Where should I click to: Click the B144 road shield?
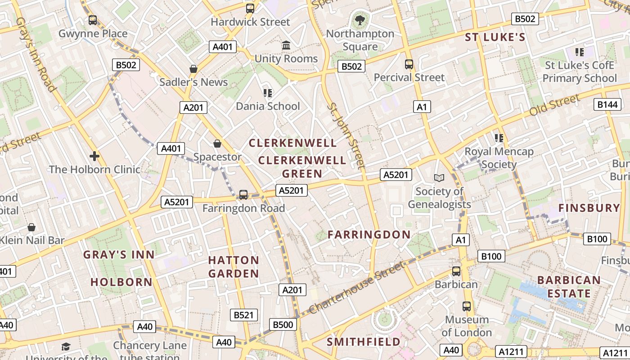coord(607,104)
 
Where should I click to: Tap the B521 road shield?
coord(243,315)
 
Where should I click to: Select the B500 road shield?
coord(283,324)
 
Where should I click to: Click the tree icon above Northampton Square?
coord(360,20)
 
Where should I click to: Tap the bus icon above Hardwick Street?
coord(250,8)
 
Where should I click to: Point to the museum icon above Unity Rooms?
coord(286,45)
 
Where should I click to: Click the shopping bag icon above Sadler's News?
coord(193,69)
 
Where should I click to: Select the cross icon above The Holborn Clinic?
coord(94,156)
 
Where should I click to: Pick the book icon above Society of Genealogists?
coord(439,178)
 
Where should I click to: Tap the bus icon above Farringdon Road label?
coord(243,194)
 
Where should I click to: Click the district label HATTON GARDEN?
coord(234,267)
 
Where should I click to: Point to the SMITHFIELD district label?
coord(363,342)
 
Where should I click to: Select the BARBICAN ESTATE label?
coord(569,287)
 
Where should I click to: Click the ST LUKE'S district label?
coord(495,37)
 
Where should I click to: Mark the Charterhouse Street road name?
coord(357,288)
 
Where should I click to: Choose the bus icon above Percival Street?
coord(409,64)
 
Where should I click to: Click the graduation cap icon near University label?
coord(66,346)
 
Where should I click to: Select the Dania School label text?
coord(268,106)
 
